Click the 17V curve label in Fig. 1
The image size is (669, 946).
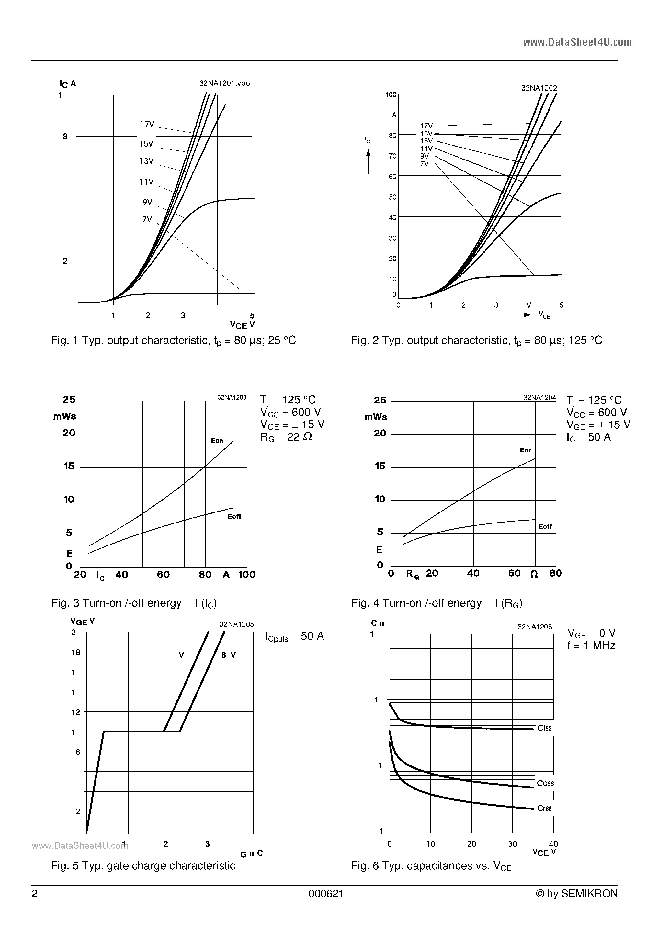tap(146, 124)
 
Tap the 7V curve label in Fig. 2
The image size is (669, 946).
tap(425, 164)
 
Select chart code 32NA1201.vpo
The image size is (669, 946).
tap(224, 83)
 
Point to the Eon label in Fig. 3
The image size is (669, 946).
tap(217, 440)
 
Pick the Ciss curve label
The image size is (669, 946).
tap(544, 728)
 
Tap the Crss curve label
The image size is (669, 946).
tap(544, 808)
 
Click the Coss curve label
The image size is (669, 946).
tap(545, 783)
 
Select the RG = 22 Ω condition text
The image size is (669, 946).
tap(286, 437)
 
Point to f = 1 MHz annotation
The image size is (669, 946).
tap(591, 646)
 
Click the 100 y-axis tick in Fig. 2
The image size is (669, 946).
tap(391, 95)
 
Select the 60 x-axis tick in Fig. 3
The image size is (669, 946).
tap(163, 574)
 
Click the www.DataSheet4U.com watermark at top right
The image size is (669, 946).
tap(577, 42)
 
